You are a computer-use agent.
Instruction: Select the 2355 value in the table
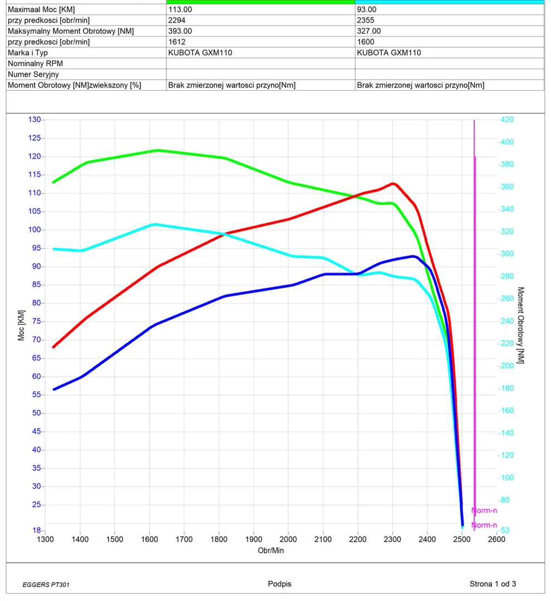point(366,21)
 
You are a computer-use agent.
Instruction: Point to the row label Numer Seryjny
point(33,74)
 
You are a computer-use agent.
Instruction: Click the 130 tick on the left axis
point(35,120)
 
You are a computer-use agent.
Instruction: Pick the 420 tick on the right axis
point(507,120)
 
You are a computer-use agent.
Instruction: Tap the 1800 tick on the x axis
point(219,539)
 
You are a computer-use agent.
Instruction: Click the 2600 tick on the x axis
point(496,539)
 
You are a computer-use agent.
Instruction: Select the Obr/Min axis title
point(271,550)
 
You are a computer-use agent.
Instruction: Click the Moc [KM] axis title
point(22,325)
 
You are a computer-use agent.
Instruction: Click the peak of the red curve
point(393,183)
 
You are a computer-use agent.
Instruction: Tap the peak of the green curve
point(158,150)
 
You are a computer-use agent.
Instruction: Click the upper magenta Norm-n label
point(484,510)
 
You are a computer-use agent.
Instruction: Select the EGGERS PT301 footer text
point(46,585)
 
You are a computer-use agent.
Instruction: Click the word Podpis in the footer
point(279,584)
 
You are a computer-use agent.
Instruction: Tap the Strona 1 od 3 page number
point(493,584)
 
